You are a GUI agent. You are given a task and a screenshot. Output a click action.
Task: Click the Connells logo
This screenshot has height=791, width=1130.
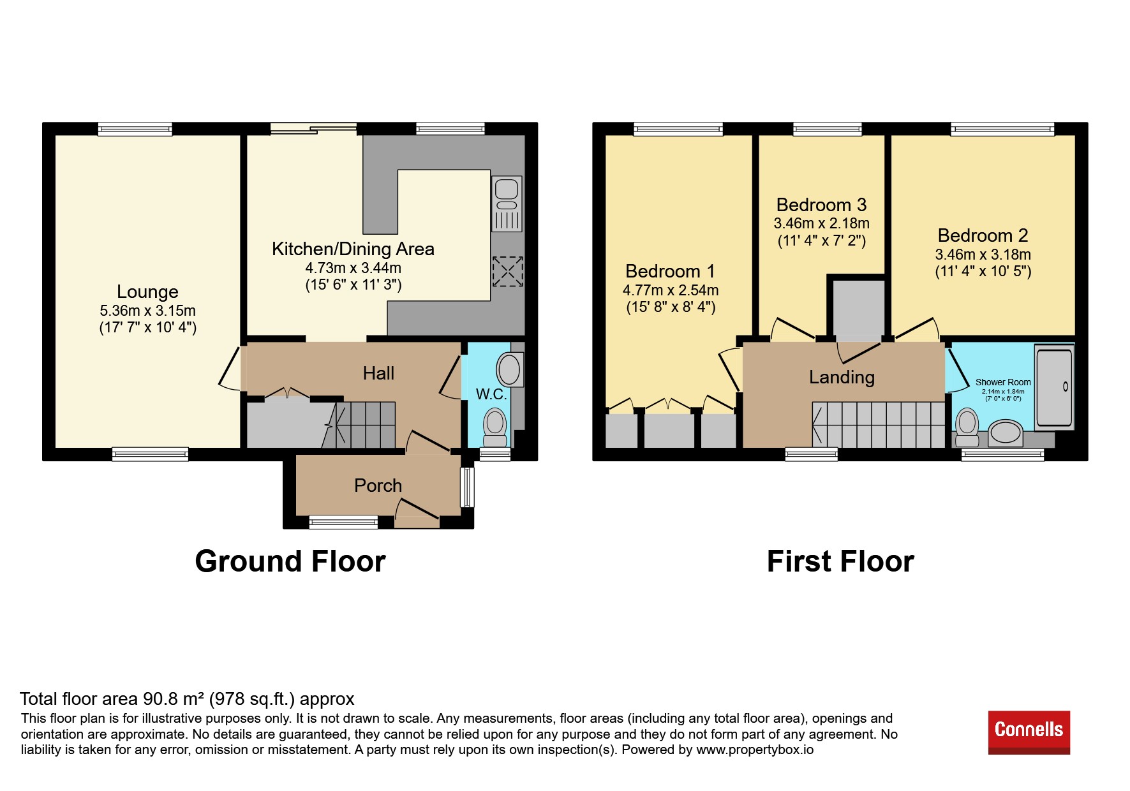point(1029,732)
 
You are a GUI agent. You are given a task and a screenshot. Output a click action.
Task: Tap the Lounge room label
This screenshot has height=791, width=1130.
point(147,292)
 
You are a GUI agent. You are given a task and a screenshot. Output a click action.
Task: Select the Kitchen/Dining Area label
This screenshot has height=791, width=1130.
point(353,249)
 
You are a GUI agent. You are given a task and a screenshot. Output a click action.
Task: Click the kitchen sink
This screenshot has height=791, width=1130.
point(507,203)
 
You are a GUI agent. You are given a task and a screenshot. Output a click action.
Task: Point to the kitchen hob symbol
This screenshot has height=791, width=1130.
point(507,271)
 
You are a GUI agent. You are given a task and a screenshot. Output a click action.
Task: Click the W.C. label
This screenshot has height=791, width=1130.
point(491,394)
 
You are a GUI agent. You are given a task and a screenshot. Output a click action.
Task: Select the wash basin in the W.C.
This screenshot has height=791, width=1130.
point(510,369)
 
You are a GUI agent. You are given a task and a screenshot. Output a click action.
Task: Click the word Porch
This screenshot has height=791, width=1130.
point(378,485)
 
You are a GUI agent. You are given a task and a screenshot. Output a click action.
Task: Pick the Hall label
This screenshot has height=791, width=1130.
point(378,373)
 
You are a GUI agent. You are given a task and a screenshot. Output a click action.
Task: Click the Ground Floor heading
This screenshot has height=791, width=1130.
point(290,561)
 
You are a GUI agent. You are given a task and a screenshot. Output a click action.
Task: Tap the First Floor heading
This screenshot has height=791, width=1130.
point(840,561)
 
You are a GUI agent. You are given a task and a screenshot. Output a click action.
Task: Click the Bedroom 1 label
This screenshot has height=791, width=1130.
point(670,271)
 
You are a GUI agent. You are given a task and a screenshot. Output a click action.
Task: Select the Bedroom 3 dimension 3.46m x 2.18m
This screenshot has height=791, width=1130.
point(822,223)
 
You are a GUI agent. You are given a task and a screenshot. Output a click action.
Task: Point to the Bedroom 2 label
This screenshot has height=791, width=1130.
point(983,235)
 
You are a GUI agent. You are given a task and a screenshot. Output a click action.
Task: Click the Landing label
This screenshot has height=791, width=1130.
point(842,377)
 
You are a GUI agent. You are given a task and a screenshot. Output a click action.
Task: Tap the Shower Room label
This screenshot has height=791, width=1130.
point(1003,382)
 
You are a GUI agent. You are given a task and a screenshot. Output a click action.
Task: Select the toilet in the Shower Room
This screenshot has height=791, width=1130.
point(967,427)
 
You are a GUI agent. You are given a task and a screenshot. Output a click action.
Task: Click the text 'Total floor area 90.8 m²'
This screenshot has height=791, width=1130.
point(114,699)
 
